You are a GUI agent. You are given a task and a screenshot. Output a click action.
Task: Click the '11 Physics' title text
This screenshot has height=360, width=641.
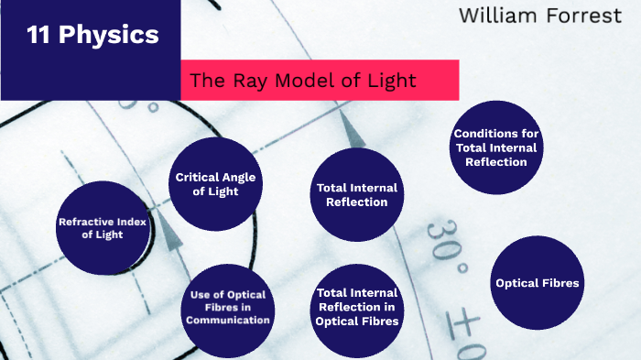[x=92, y=37]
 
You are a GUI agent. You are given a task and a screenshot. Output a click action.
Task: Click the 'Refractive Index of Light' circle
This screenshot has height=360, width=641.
[x=103, y=228]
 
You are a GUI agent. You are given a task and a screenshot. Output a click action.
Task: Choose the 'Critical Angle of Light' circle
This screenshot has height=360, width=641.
[x=217, y=183]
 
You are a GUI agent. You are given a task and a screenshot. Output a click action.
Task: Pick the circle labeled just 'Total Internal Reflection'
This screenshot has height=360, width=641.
[x=356, y=194]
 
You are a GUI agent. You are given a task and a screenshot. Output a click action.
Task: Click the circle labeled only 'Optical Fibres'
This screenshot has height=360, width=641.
[x=538, y=282]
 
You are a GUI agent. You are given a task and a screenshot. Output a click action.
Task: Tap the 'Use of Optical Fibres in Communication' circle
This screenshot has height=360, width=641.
[x=228, y=308]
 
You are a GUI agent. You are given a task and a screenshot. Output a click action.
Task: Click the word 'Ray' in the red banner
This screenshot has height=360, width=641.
[x=244, y=81]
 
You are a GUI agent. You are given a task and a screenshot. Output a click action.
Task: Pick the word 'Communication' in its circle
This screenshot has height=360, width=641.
[x=228, y=321]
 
